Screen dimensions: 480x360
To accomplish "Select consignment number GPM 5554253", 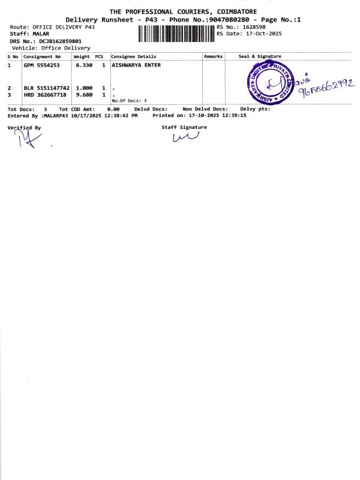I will point(41,65).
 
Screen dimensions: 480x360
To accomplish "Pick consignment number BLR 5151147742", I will point(46,88).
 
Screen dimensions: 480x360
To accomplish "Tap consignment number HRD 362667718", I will point(46,94).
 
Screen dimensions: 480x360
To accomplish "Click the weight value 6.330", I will point(83,65).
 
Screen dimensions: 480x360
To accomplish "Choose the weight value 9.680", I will point(83,94).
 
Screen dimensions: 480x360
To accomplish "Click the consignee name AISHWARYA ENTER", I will point(136,65).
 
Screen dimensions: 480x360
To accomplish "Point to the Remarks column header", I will point(213,56).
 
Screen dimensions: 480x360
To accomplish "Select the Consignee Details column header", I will point(134,56).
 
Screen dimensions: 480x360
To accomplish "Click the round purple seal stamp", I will point(271,84).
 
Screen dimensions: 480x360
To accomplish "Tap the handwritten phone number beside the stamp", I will point(327,88).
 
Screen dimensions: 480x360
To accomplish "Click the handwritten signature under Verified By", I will point(26,140).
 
